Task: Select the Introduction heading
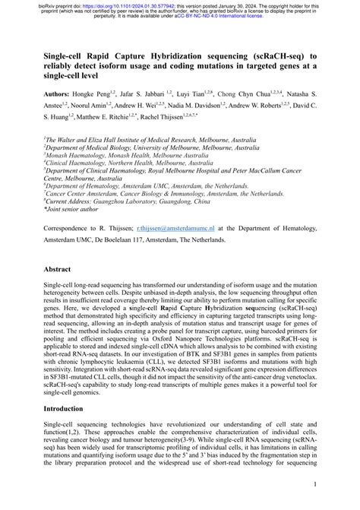click(x=64, y=408)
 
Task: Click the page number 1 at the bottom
click(x=314, y=483)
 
